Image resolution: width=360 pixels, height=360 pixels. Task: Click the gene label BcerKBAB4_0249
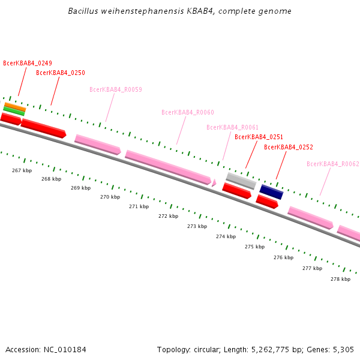pos(28,63)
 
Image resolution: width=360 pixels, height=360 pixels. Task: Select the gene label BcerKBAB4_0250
pos(61,73)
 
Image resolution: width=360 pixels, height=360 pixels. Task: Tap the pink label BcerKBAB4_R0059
pos(116,90)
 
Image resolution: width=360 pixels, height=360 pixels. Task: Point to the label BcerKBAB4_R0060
pos(188,113)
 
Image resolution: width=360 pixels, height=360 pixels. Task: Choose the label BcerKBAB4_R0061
pos(233,128)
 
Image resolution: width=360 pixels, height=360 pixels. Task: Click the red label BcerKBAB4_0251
pos(259,137)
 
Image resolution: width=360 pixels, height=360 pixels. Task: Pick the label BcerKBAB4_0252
pos(289,148)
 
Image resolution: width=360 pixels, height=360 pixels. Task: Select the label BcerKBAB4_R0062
pos(333,164)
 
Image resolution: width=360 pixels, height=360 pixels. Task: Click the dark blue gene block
pos(271,192)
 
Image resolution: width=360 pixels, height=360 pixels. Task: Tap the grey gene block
pos(241,181)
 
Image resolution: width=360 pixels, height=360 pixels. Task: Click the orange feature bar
pos(14,106)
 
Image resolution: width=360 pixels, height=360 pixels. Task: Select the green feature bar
pos(14,110)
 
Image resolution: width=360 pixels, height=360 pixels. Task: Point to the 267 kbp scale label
pos(22,171)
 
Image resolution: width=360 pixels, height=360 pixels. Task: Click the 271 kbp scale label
pos(139,207)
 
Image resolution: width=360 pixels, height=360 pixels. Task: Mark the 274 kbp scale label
pos(226,237)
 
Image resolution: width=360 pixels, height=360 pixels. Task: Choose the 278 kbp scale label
pos(340,280)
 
